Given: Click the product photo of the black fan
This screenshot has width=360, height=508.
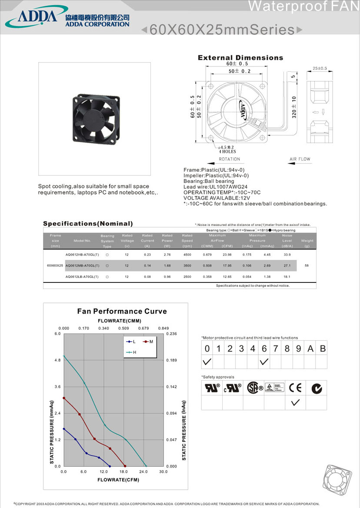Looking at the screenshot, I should [95, 118].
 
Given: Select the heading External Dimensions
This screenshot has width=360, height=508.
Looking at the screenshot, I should [240, 58].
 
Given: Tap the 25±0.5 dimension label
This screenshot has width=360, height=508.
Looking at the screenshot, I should [320, 68].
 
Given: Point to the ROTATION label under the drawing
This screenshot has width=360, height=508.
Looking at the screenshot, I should [229, 159].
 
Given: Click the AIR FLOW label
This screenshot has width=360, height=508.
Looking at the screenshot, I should [300, 159].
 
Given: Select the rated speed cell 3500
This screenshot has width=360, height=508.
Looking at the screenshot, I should [187, 266].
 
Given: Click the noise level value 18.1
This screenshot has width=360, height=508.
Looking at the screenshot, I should [287, 276].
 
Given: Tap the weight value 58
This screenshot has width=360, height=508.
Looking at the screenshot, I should [307, 266].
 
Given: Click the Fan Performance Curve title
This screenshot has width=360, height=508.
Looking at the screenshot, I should [122, 311].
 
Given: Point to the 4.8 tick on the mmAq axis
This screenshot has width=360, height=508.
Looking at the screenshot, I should [57, 360].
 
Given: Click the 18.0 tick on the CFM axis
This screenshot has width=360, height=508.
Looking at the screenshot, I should [123, 471].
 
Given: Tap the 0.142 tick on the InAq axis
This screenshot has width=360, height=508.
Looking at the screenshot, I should [172, 387].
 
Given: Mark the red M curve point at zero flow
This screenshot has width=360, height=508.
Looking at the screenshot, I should [64, 398].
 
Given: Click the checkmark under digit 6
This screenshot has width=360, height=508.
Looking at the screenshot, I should [264, 362].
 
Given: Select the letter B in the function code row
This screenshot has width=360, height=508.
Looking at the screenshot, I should [322, 349].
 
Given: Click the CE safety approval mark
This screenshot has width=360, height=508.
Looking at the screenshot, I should [295, 388].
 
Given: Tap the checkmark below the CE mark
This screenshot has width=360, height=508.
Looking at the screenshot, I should [295, 403].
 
